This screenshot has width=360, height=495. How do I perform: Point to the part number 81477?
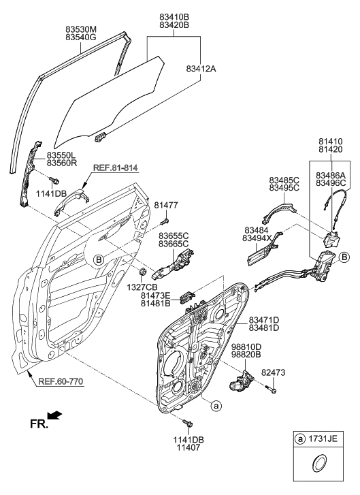pyautogui.click(x=165, y=204)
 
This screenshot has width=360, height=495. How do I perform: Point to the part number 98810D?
pyautogui.click(x=245, y=347)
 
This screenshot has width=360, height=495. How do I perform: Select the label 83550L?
pyautogui.click(x=61, y=156)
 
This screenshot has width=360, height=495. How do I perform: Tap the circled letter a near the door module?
pyautogui.click(x=216, y=406)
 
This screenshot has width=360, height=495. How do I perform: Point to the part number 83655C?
pyautogui.click(x=174, y=235)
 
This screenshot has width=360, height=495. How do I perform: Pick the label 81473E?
pyautogui.click(x=156, y=296)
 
